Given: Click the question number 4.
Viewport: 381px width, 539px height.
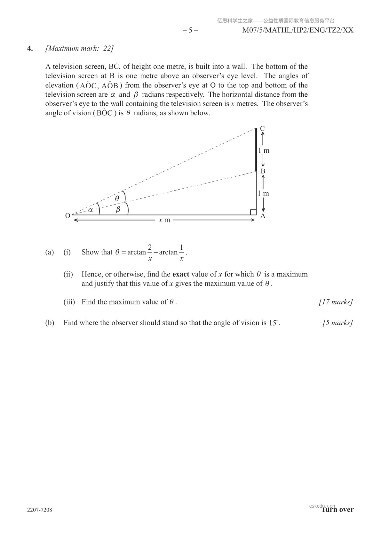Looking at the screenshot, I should click(30, 48).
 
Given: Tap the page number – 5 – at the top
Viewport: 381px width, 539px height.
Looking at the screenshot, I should click(190, 30).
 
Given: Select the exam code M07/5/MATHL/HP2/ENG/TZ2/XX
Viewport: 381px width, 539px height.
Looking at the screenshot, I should click(298, 30).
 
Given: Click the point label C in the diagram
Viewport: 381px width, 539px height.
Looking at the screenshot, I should click(262, 128).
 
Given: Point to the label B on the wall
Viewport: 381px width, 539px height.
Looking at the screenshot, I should click(263, 171).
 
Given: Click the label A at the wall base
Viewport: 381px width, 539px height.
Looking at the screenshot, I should click(263, 216).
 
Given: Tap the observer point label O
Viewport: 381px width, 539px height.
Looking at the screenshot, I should click(67, 216).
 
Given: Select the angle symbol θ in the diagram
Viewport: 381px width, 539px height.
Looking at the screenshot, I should click(117, 198).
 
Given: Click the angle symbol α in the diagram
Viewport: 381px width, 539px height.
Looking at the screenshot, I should click(91, 210).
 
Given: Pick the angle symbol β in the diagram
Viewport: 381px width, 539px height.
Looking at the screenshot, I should click(118, 210).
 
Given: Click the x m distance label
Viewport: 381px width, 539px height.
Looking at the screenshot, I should click(164, 220).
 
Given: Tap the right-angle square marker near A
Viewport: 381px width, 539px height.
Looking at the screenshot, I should click(253, 212).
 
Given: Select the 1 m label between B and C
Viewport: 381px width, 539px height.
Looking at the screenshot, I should click(264, 150).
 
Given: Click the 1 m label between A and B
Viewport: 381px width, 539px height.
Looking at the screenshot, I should click(264, 193).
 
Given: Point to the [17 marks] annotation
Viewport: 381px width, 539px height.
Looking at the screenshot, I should click(336, 302).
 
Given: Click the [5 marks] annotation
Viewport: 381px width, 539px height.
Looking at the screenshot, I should click(338, 323).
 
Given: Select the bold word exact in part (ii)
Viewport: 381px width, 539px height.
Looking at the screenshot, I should click(181, 274).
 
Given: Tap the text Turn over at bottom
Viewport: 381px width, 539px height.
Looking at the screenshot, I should click(338, 510).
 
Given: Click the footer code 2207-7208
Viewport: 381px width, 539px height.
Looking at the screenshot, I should click(40, 510).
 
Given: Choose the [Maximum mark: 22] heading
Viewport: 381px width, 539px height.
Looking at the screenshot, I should click(80, 48).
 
